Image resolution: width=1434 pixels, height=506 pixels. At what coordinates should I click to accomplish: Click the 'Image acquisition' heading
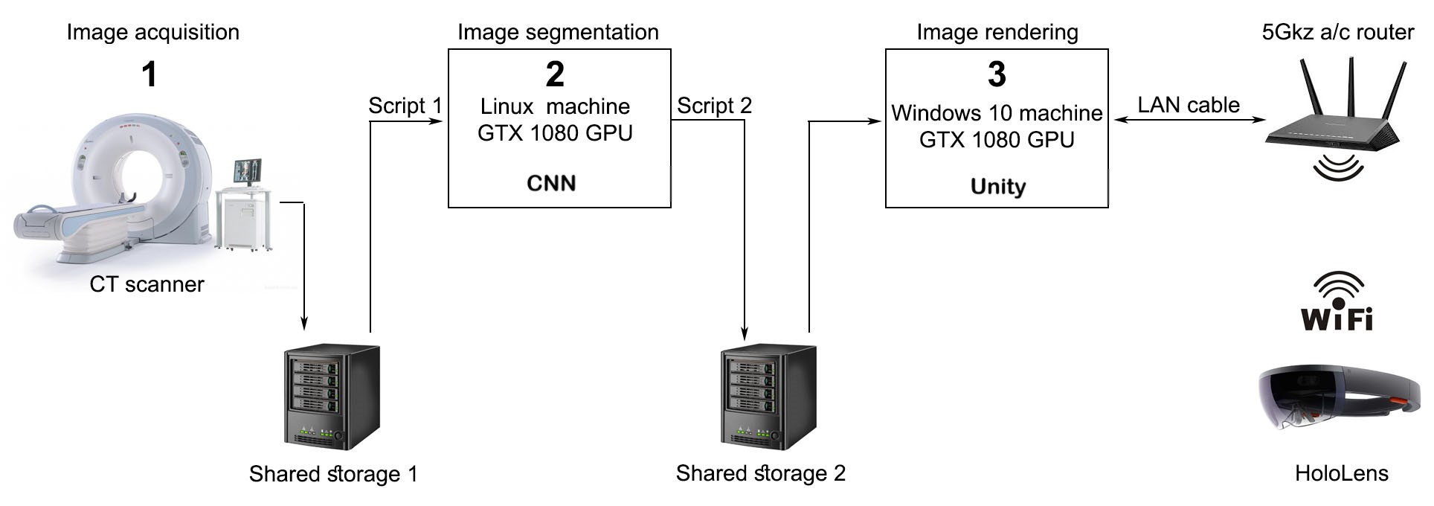pos(152,32)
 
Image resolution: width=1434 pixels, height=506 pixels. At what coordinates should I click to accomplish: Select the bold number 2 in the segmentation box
pos(555,74)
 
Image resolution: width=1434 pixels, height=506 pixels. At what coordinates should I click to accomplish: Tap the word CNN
pos(551,183)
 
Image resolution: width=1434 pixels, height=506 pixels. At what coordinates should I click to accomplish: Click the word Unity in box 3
pos(997,186)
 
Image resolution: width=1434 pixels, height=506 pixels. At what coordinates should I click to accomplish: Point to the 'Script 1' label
pos(405,106)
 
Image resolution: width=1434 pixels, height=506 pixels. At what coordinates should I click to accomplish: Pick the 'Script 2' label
pos(714,106)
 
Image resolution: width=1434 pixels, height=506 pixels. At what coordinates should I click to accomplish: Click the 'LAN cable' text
pos(1188,105)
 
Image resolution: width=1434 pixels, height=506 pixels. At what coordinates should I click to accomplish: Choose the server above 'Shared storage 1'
pos(332,396)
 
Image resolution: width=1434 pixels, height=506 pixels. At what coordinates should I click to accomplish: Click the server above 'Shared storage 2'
pos(768,396)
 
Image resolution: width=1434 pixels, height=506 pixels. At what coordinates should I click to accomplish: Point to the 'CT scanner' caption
pos(147,284)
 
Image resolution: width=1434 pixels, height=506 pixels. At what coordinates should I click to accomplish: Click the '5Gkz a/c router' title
pos(1337,32)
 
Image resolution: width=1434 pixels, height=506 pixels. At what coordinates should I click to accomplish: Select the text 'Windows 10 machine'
pos(997,113)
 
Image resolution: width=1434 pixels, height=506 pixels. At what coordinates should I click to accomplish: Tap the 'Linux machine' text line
pos(555,106)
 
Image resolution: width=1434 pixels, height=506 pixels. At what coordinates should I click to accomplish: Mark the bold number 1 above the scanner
pos(149,74)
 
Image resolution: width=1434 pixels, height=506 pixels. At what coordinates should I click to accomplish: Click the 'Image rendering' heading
pos(997,32)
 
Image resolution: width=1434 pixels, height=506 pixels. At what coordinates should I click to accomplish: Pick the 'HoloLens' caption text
pos(1341,473)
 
